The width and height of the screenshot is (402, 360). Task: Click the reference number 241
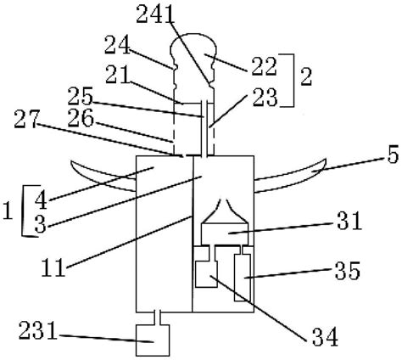[x=154, y=14]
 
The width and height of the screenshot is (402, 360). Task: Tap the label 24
[x=117, y=45]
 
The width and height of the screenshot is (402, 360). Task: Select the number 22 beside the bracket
[x=264, y=67]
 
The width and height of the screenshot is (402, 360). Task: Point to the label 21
[x=118, y=75]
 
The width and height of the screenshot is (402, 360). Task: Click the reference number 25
[x=80, y=96]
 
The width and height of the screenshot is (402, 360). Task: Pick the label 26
[x=81, y=118]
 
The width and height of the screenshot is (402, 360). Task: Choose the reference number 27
[x=26, y=120]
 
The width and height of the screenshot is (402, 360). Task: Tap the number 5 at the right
[x=393, y=155]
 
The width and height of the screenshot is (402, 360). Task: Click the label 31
[x=349, y=221]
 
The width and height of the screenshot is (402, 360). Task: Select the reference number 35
[x=348, y=271]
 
